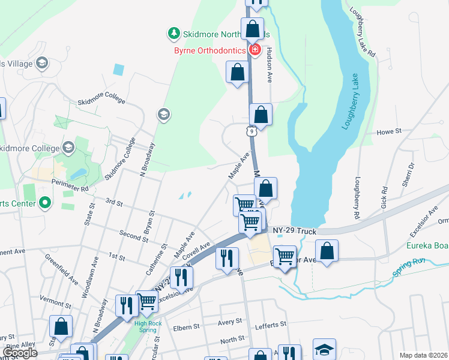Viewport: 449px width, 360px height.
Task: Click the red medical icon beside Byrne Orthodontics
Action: coord(255,50)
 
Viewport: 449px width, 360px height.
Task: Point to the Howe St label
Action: coord(388,132)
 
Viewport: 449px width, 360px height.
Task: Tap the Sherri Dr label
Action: coord(408,173)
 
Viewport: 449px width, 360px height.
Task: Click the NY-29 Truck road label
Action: coord(294,230)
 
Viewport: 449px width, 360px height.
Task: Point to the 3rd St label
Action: coord(113,203)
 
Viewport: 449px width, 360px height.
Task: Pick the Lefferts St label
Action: coord(271,325)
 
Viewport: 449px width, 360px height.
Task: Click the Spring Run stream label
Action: coord(409,267)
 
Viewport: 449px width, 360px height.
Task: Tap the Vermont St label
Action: coord(55,298)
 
